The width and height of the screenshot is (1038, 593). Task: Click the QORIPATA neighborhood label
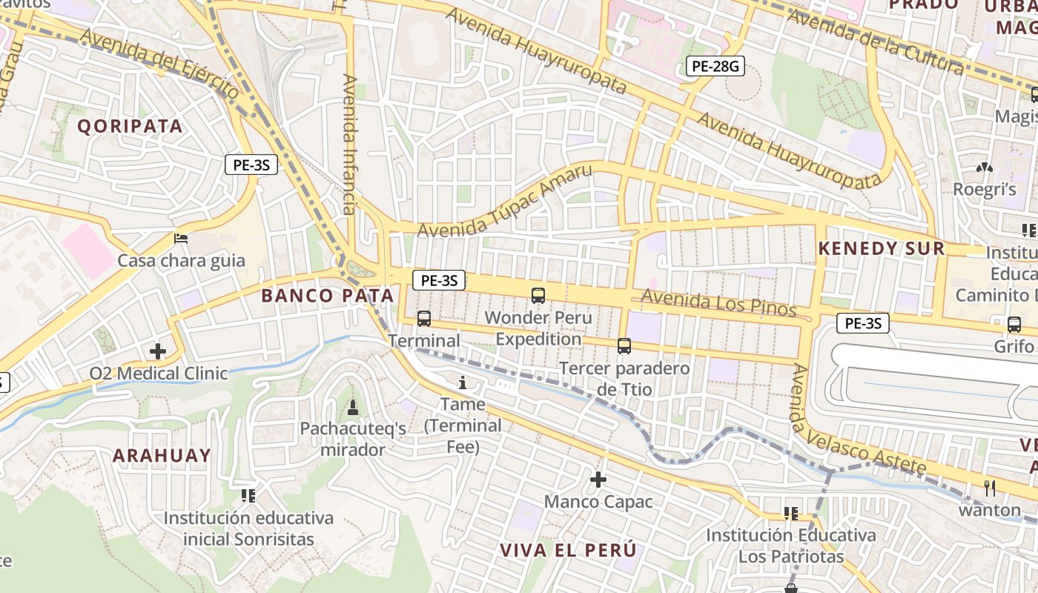(130, 126)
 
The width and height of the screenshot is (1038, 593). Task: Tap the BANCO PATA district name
(328, 296)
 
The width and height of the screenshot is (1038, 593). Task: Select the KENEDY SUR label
(882, 248)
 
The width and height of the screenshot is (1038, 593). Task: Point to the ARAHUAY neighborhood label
(162, 455)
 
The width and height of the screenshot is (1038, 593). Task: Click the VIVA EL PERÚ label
(568, 551)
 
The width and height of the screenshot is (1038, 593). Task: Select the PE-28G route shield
(714, 67)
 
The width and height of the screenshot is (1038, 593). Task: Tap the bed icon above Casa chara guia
(181, 239)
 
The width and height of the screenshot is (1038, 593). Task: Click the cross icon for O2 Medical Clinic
(158, 351)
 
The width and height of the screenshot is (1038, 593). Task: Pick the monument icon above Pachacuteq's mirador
(353, 408)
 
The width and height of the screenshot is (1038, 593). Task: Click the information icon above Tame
(463, 382)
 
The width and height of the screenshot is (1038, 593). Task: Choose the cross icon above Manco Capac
(598, 480)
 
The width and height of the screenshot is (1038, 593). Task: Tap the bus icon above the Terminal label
(424, 319)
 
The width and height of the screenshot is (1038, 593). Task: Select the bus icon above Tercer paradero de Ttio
(624, 346)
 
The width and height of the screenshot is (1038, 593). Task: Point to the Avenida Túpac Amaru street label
(505, 202)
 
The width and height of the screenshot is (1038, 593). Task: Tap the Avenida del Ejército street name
(159, 64)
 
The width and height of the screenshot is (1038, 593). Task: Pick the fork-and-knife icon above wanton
(990, 488)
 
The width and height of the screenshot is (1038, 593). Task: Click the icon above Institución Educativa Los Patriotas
(790, 513)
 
